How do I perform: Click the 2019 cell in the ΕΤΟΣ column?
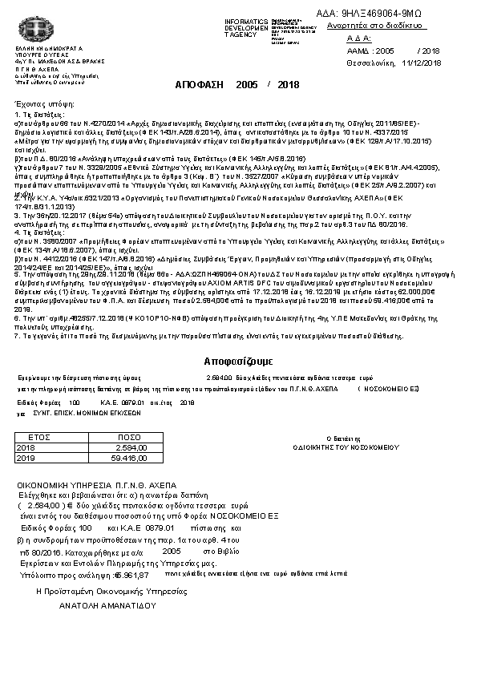click(x=26, y=457)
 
